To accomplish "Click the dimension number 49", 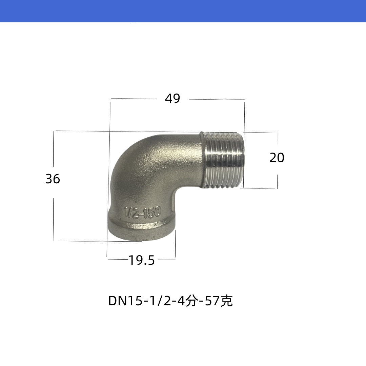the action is (172, 99).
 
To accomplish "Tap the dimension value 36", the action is (53, 179).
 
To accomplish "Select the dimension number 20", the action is (277, 158).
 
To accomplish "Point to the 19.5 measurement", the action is (142, 260).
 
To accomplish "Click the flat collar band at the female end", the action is (142, 230).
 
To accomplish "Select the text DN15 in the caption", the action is (125, 301).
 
